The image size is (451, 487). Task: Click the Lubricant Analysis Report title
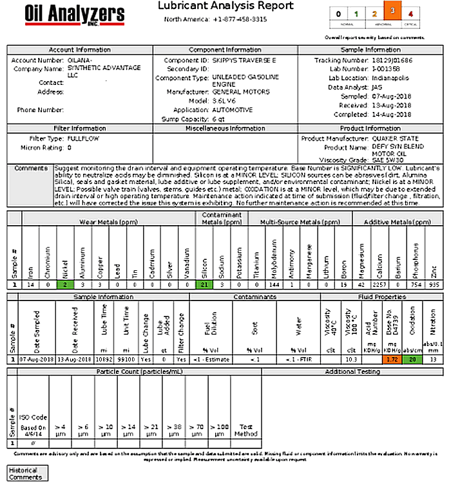click(x=225, y=6)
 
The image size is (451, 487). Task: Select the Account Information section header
click(x=80, y=50)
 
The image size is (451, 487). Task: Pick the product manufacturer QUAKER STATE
click(x=391, y=138)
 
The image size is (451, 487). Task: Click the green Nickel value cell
click(x=65, y=284)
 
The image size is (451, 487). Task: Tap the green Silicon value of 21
click(x=204, y=284)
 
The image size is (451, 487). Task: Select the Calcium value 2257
click(x=379, y=284)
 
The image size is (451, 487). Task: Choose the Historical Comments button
click(x=26, y=473)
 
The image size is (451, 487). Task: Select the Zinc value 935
click(x=435, y=284)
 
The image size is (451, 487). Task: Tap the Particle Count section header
click(x=133, y=372)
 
